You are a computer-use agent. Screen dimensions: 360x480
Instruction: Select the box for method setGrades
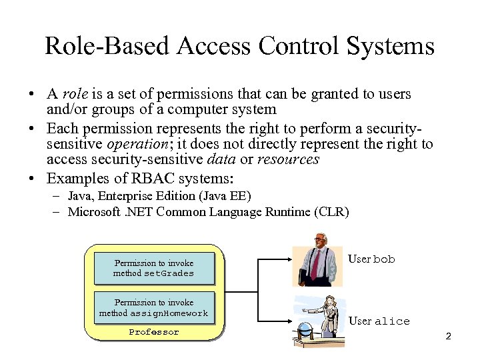pos(154,268)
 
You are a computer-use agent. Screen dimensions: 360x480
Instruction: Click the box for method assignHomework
pos(154,307)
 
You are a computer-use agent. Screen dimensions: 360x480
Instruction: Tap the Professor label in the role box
pos(154,332)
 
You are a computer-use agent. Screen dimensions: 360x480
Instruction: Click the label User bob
pos(371,259)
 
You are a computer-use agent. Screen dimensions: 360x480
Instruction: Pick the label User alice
pos(379,321)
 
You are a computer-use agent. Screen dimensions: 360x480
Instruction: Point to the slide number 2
pos(448,336)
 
